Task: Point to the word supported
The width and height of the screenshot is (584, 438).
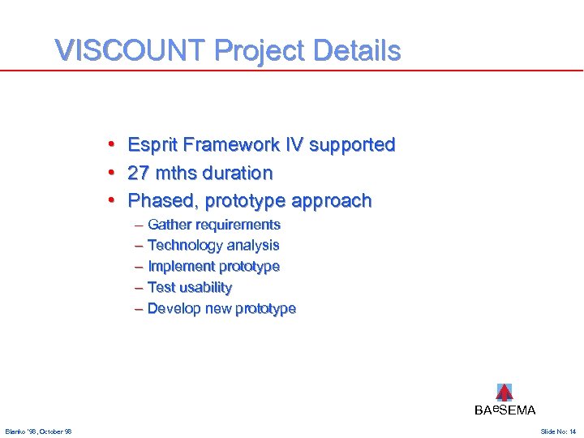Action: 350,146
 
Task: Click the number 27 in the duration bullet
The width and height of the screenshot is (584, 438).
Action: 139,173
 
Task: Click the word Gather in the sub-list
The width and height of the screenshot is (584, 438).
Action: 169,225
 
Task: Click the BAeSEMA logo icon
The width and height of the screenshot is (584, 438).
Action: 504,393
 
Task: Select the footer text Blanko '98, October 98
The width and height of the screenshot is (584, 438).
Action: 38,432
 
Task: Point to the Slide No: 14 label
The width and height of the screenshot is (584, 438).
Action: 558,432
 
